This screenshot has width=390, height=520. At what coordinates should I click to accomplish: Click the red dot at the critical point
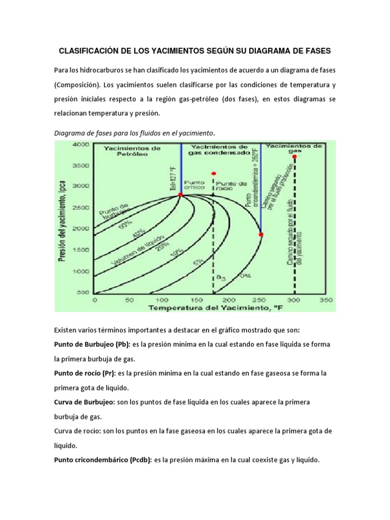pyautogui.click(x=181, y=194)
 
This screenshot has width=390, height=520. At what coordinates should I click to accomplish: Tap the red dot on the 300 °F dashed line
pyautogui.click(x=295, y=156)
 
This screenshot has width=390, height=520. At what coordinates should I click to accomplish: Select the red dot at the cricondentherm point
pyautogui.click(x=261, y=234)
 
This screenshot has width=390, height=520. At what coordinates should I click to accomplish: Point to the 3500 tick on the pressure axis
pyautogui.click(x=81, y=166)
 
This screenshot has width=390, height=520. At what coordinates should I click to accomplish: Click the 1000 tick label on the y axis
pyautogui.click(x=81, y=271)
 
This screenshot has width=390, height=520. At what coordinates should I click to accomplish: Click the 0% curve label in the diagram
pyautogui.click(x=245, y=276)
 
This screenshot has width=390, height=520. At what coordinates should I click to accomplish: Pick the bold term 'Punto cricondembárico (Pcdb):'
pyautogui.click(x=100, y=460)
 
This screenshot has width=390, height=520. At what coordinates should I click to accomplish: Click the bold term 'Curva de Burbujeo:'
pyautogui.click(x=84, y=402)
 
